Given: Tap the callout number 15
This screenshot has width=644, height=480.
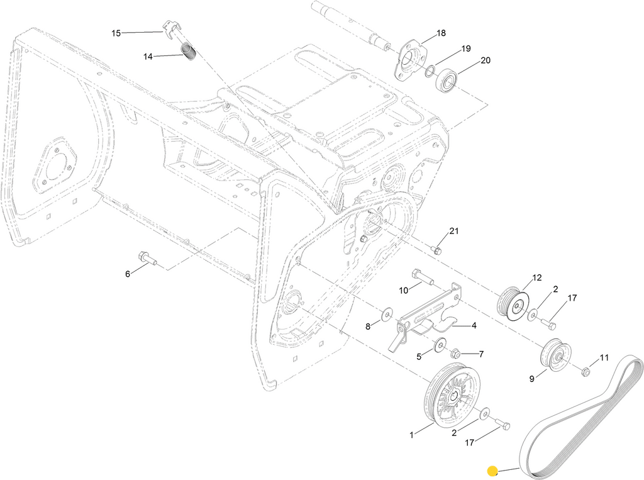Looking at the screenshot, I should (x=116, y=33).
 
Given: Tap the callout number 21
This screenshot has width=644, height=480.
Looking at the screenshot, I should (x=454, y=231).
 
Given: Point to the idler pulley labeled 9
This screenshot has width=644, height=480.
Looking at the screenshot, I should (x=554, y=355).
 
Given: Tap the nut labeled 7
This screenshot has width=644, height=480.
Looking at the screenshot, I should (x=457, y=354).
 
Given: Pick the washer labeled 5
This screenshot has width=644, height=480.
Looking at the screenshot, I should (x=440, y=344).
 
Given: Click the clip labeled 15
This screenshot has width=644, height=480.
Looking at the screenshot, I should (x=170, y=28).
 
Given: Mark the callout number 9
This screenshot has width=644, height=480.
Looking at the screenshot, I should (x=531, y=379).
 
